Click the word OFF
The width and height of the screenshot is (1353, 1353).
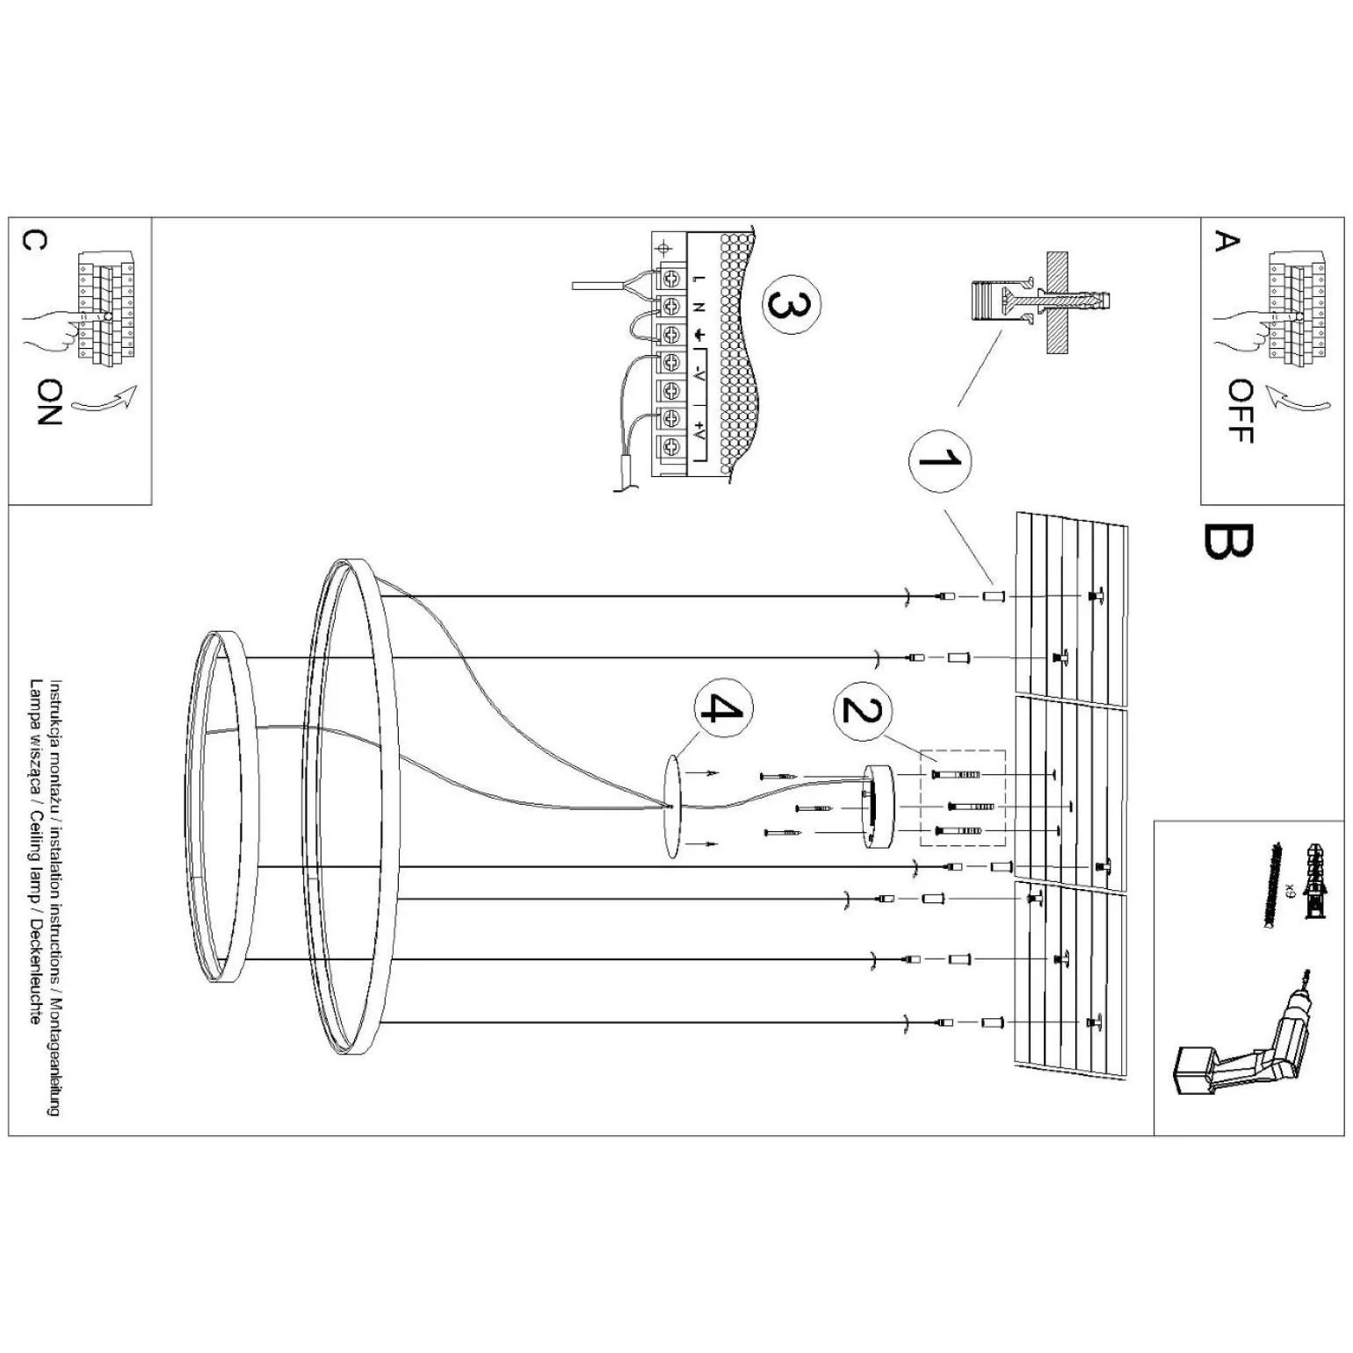click(1240, 411)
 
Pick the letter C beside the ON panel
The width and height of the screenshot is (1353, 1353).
click(33, 241)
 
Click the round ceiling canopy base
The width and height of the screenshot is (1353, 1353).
click(879, 807)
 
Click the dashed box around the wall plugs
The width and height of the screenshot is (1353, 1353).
click(962, 798)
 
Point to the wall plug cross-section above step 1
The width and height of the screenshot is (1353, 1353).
click(1041, 299)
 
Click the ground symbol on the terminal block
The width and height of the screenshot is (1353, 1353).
click(700, 335)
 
